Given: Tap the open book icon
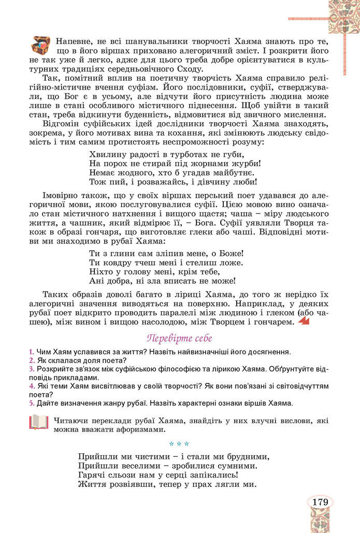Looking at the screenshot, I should click(38, 423).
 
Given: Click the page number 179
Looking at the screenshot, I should click(320, 501).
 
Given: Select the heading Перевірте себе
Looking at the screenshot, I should click(179, 339).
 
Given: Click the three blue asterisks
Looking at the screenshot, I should click(179, 444).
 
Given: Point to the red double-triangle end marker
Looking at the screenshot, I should click(304, 323).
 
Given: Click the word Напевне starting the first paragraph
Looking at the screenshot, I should click(73, 40).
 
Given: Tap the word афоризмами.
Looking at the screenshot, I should click(149, 429).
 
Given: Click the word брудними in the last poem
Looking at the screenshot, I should click(236, 457).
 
